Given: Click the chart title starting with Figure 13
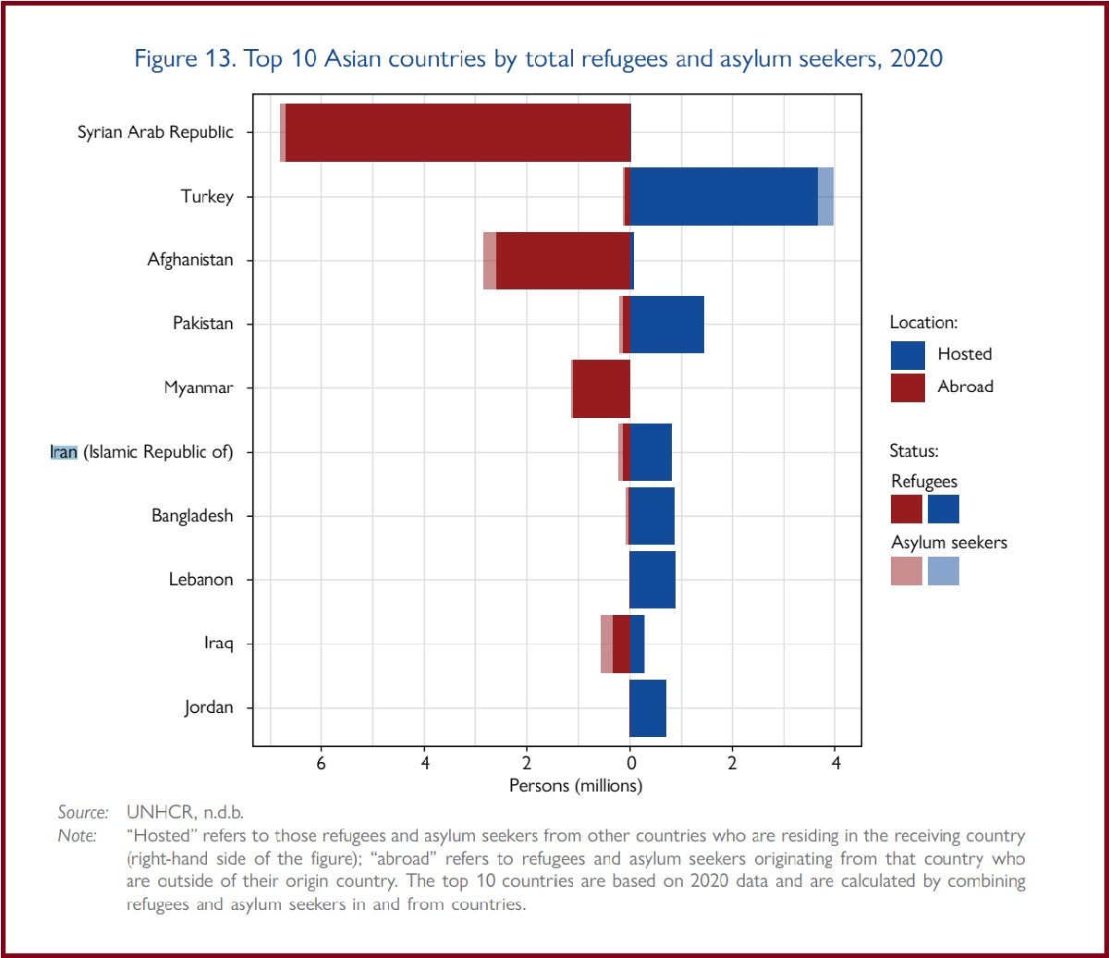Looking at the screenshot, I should pos(538,59).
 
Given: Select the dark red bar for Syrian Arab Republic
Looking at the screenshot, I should pos(457,132).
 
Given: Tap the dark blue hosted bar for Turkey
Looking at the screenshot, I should pos(723,196).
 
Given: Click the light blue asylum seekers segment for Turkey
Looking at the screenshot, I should pos(825,196).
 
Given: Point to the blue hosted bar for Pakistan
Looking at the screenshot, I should pos(666,325).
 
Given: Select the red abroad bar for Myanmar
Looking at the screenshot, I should pos(602,388).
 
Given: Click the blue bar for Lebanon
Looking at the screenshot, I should pos(652,580).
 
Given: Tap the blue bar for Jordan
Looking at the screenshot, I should pos(648,708).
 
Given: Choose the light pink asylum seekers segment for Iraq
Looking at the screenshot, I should pos(606,644).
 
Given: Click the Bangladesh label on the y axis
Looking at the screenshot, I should pos(192,516).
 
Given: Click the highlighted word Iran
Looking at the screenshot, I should pos(64,452).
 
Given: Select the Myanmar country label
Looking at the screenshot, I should pos(198,388).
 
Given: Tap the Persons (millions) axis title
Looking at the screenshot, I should pos(576,786).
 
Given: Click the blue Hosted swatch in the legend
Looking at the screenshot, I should pos(908,354).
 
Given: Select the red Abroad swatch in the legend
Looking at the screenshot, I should pos(908,387).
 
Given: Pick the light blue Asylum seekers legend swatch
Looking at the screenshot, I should pos(944,571).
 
